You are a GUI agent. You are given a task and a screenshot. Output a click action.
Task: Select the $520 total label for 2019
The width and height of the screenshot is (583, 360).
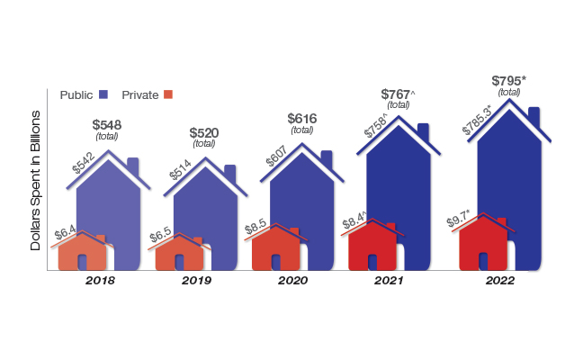203,133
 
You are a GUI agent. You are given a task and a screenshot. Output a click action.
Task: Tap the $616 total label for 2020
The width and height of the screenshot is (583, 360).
303,119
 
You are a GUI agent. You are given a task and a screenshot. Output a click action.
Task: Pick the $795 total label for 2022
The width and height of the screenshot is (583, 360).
509,81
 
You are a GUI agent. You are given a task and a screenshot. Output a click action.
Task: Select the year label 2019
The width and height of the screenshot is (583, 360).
196,281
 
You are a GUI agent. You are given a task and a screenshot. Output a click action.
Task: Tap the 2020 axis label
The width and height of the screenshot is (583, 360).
293,281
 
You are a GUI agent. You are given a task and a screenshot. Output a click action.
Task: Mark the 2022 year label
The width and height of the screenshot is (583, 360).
498,281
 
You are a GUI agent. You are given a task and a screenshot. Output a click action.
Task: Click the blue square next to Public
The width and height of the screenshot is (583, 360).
104,94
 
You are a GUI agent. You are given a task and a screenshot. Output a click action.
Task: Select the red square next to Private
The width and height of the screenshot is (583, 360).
167,94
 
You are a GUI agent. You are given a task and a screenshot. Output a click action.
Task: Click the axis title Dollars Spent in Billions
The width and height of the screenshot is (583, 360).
37,180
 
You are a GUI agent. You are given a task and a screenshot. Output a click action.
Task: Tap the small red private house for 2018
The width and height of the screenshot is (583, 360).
82,254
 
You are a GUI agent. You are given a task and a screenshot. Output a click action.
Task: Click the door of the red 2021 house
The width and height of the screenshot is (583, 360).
373,260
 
